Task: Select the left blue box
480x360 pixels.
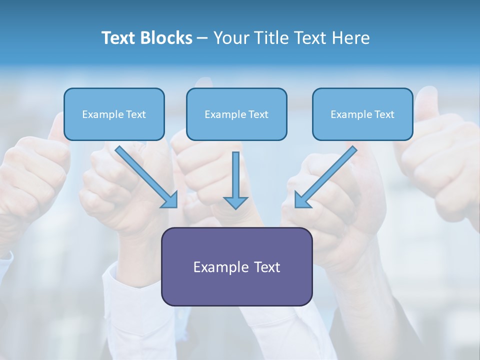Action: pos(114,114)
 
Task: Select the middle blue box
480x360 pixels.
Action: pos(236,114)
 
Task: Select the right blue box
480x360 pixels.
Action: pos(362,114)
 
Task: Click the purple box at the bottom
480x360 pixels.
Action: pos(236,266)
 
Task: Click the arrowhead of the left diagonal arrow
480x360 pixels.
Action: pos(170,199)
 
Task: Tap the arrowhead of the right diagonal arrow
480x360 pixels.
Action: pos(302,199)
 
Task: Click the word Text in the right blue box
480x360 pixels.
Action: pos(384,114)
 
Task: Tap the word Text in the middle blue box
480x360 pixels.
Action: pos(258,114)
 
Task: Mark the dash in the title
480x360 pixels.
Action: pos(202,38)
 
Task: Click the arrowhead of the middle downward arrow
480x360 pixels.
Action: pos(235,202)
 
